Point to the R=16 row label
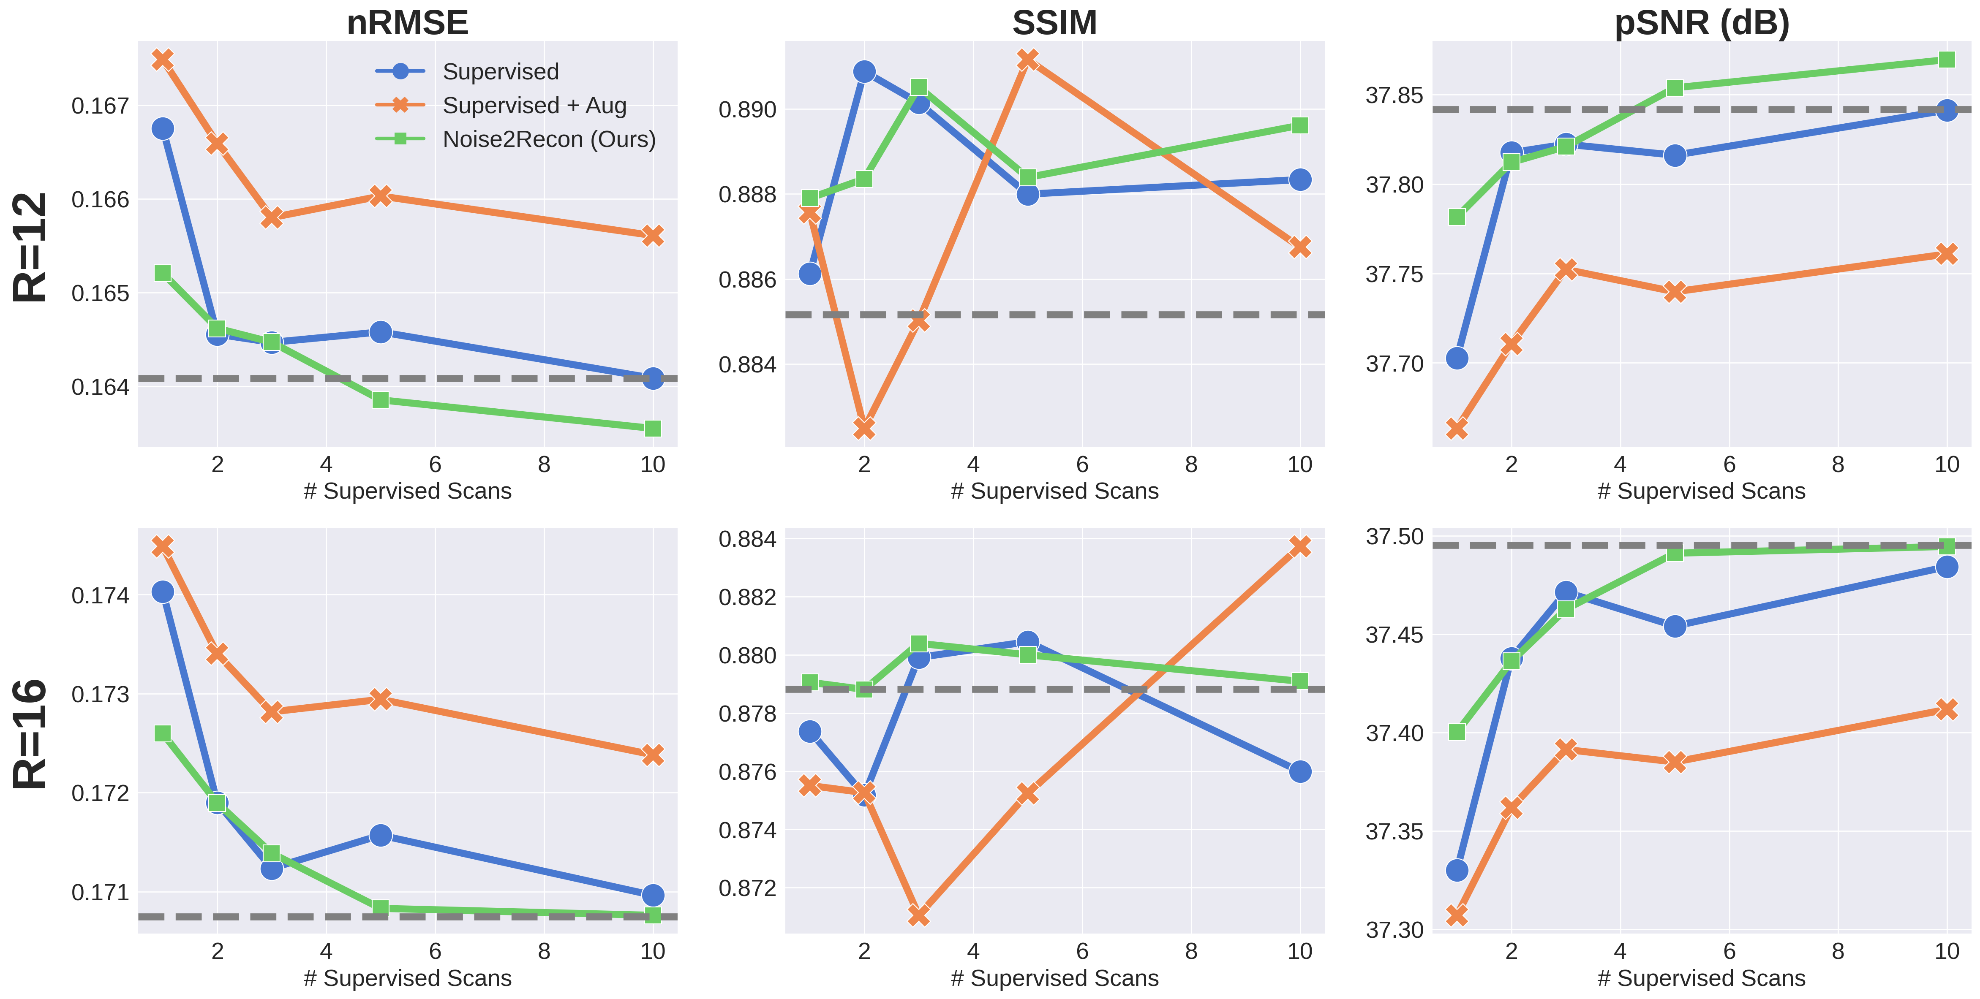click(31, 734)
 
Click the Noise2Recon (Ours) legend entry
click(549, 139)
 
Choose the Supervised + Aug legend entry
click(534, 105)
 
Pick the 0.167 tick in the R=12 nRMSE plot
click(101, 106)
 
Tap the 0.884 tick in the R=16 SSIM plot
click(747, 539)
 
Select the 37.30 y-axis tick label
click(1394, 930)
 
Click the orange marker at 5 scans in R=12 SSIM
click(1028, 59)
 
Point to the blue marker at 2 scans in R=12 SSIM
click(864, 71)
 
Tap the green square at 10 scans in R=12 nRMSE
click(653, 428)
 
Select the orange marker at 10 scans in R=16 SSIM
click(1300, 546)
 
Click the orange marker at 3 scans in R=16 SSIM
click(918, 915)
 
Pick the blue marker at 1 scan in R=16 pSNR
click(1457, 870)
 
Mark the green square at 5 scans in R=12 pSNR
click(1675, 87)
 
